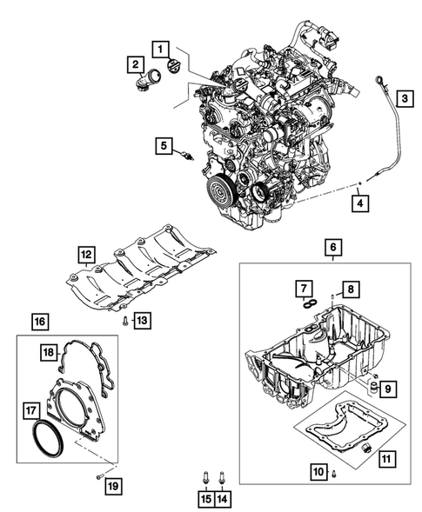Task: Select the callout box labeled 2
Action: coord(135,64)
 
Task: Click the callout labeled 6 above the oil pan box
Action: coord(334,247)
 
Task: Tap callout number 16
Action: coord(38,322)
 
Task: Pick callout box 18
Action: coord(49,352)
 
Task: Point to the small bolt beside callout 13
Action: coord(124,321)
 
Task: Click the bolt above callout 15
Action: coord(205,477)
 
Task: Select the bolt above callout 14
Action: coord(222,477)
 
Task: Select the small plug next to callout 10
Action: coord(334,471)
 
